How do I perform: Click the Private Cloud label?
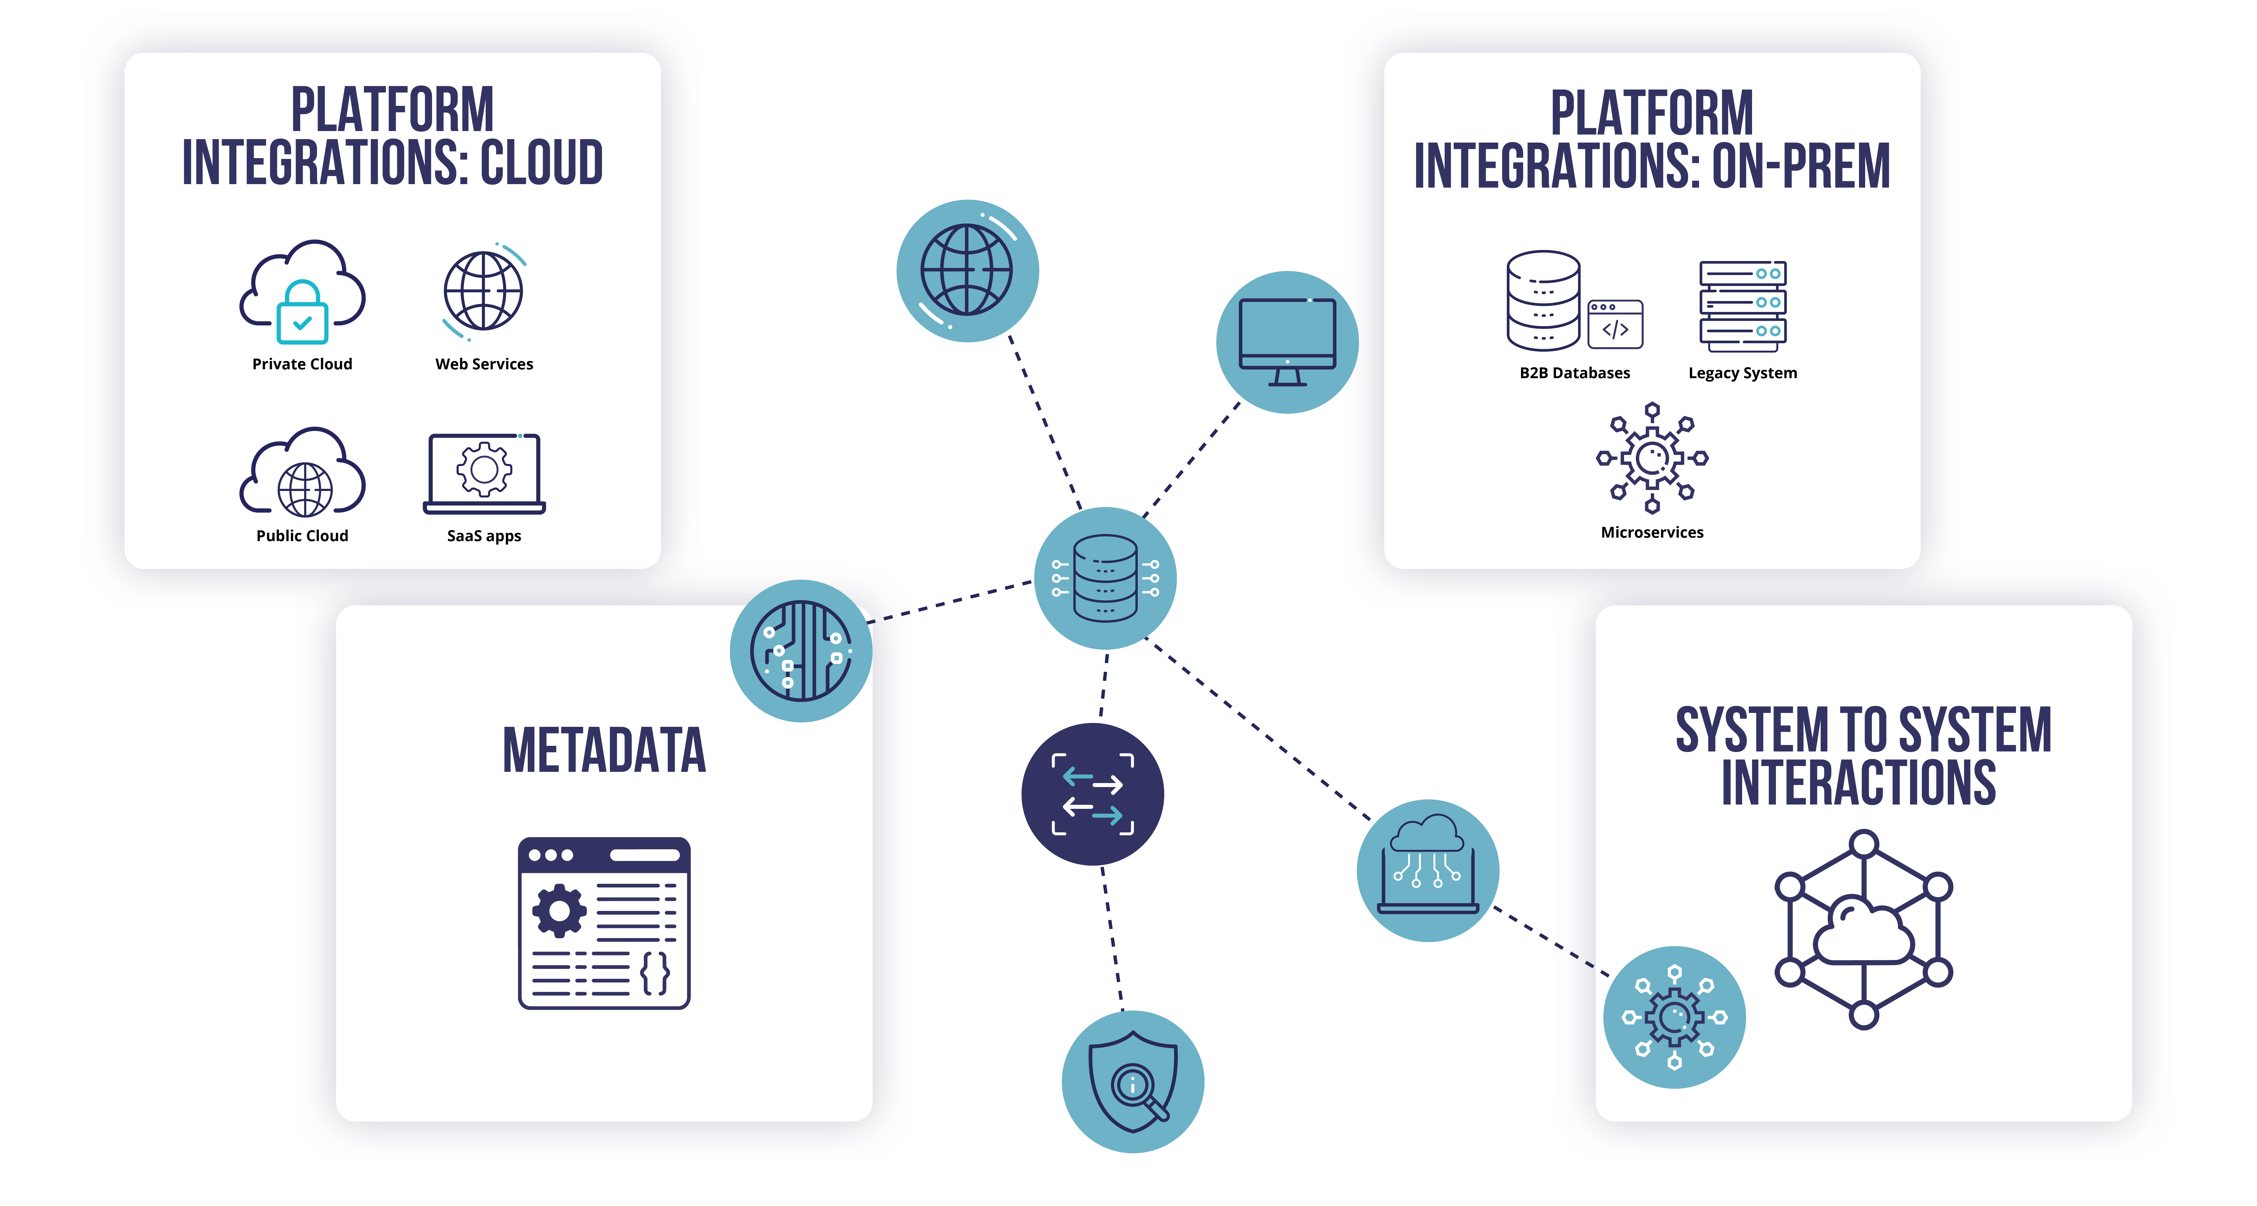click(302, 363)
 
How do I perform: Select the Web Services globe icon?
click(484, 291)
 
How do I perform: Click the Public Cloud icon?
click(302, 473)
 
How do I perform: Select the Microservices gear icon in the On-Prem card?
click(1652, 457)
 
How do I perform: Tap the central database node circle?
click(1105, 578)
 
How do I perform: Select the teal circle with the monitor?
click(1287, 342)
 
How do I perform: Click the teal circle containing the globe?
click(967, 271)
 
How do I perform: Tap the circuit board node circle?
click(801, 651)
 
